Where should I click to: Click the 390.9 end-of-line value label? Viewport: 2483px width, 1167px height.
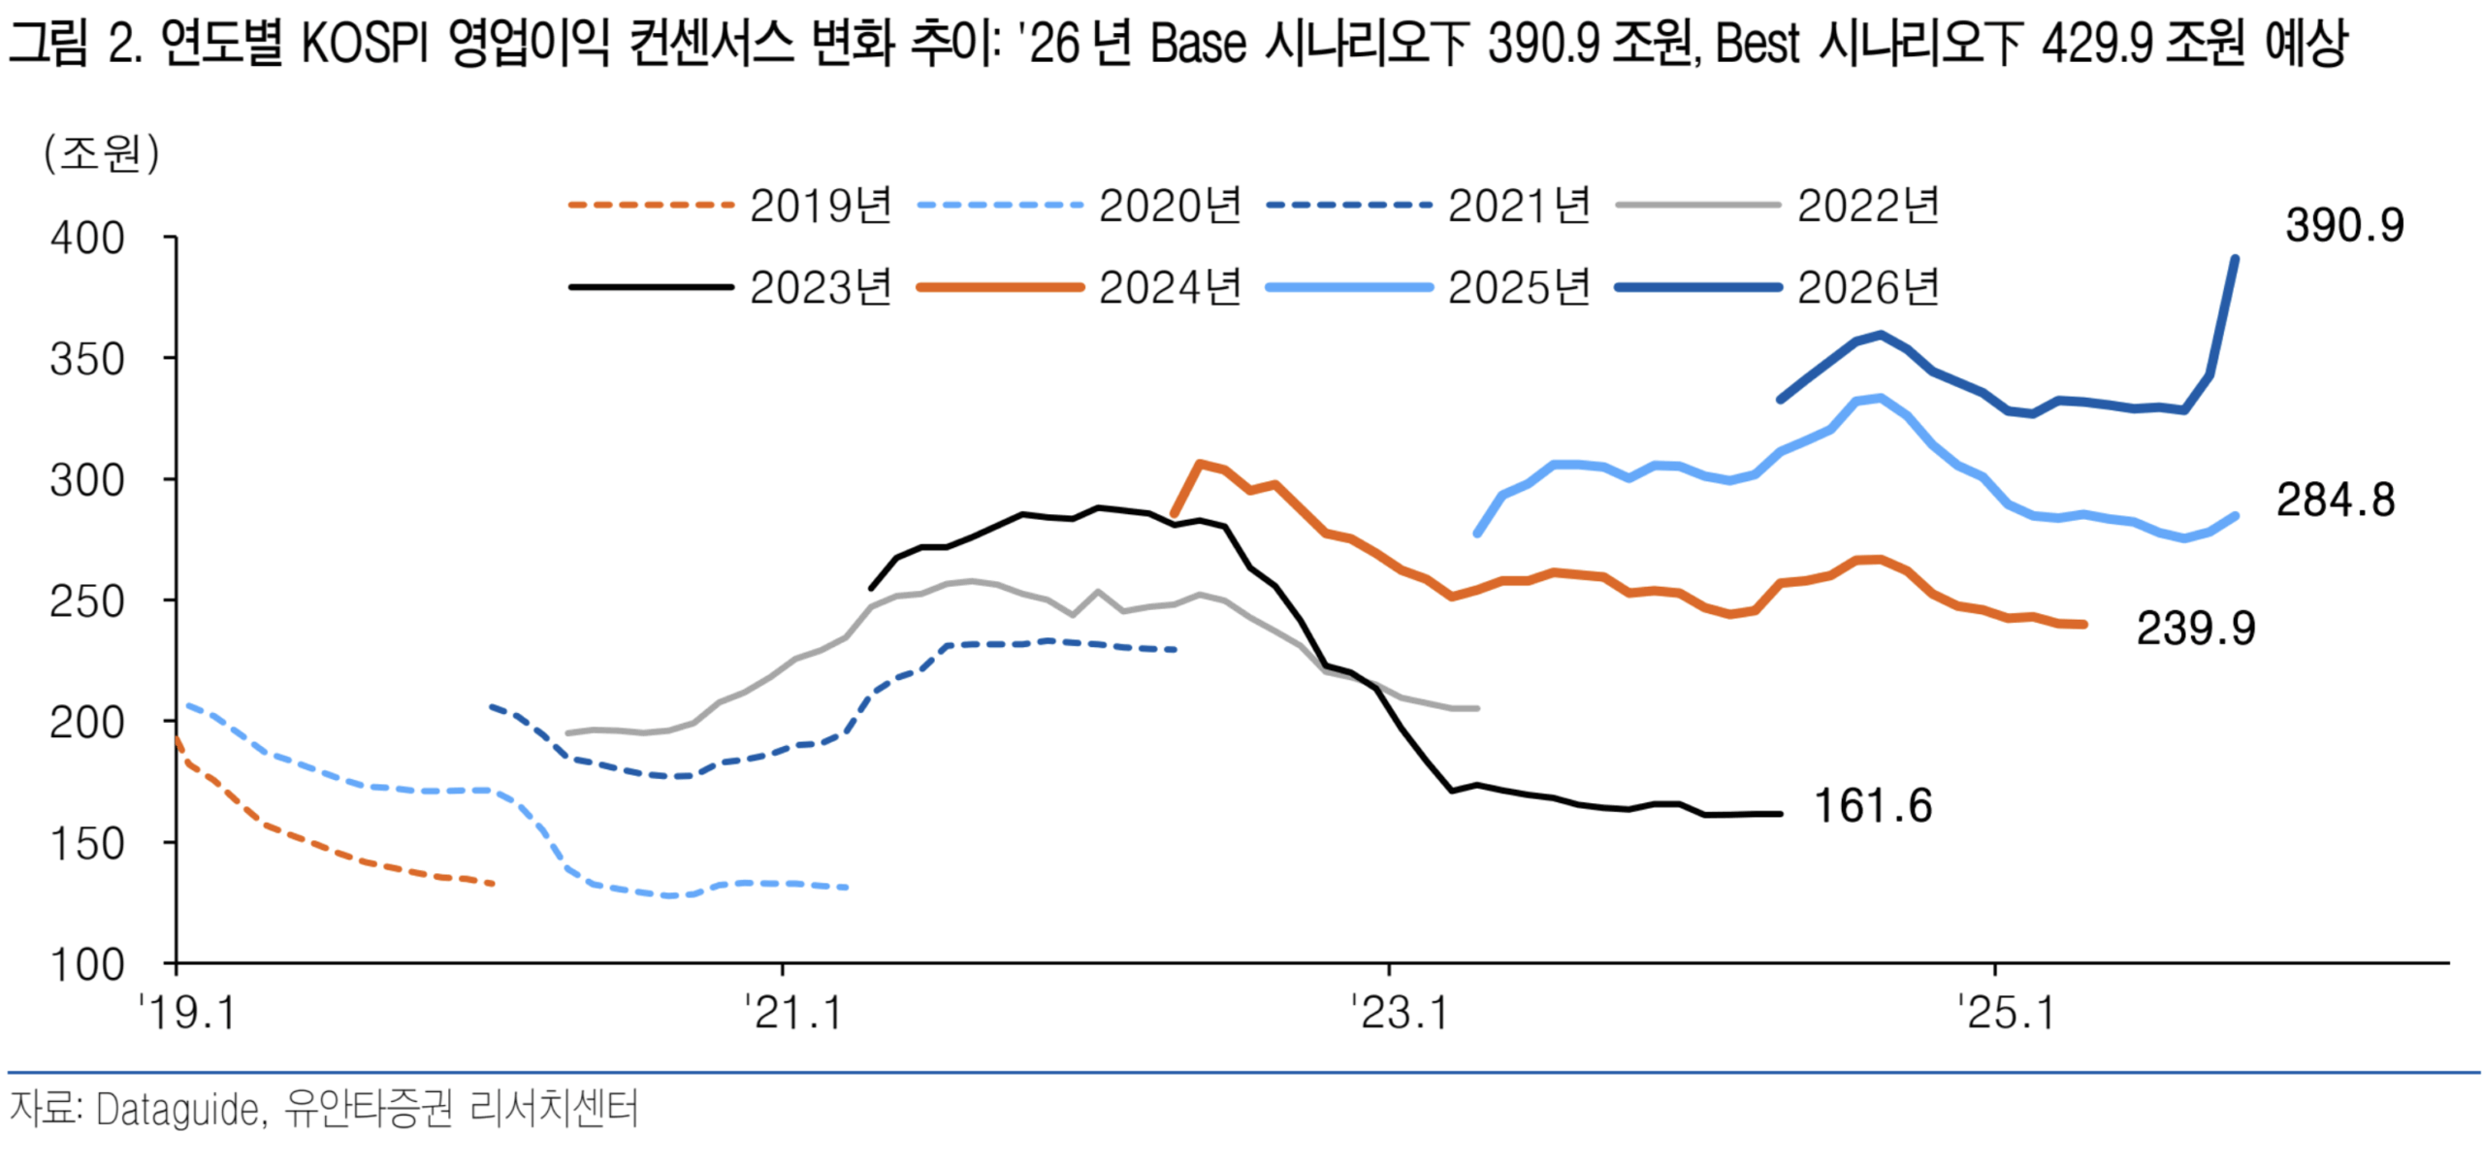click(x=2343, y=226)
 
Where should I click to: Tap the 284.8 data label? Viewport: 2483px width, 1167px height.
click(x=2335, y=501)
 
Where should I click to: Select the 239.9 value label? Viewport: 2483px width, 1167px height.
click(x=2195, y=629)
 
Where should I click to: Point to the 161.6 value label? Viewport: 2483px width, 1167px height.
click(x=1872, y=806)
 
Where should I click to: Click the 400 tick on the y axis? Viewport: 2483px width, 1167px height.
click(x=87, y=239)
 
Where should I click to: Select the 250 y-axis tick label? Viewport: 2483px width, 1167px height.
click(x=87, y=601)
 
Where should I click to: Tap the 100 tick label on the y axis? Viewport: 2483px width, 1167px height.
click(x=87, y=965)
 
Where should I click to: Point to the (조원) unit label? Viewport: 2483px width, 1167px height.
click(x=101, y=153)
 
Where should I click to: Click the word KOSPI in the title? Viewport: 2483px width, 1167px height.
click(x=364, y=45)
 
